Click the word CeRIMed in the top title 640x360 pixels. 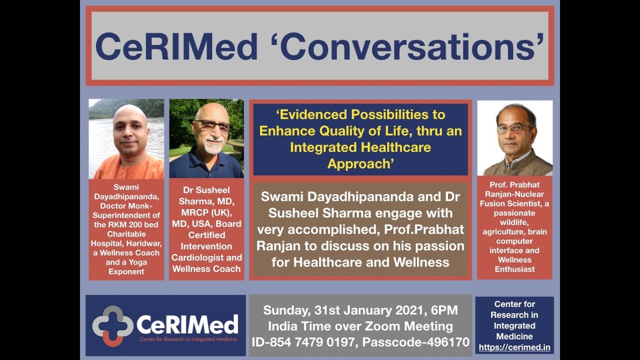click(176, 47)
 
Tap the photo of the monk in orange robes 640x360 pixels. click(126, 138)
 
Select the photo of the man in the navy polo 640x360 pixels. click(206, 138)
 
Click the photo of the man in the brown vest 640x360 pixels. click(514, 138)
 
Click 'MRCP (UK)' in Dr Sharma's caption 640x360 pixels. click(206, 212)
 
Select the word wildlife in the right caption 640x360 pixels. click(514, 222)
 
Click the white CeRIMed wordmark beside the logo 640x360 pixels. click(187, 324)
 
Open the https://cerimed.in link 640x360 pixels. click(514, 347)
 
